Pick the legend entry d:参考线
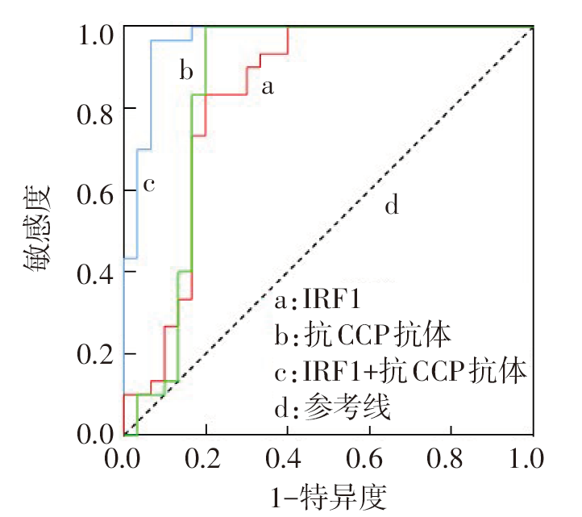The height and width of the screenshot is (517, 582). click(x=332, y=408)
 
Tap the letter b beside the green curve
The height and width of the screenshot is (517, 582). click(x=186, y=72)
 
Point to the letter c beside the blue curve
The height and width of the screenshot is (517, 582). click(x=148, y=185)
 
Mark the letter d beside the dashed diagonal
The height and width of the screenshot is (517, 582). click(x=391, y=206)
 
